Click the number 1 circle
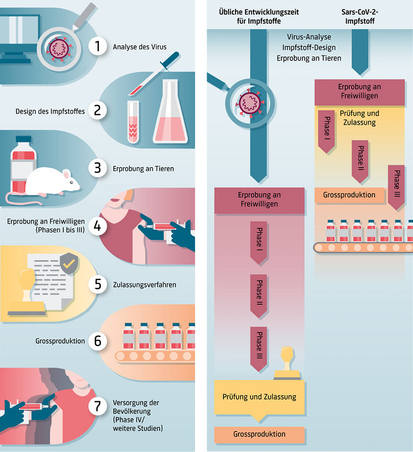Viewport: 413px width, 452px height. (x=98, y=47)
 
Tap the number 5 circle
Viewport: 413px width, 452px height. (x=98, y=284)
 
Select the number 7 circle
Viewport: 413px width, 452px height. (x=98, y=407)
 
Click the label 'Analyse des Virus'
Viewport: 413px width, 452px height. (x=139, y=47)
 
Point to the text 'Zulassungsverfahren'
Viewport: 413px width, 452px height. (x=144, y=285)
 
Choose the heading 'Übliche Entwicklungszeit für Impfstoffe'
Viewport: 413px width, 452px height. (x=259, y=17)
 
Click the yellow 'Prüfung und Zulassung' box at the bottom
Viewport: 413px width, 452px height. (x=259, y=397)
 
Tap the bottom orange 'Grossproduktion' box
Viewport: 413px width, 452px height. (x=259, y=435)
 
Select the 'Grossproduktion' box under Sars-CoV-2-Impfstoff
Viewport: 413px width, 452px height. (x=349, y=195)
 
